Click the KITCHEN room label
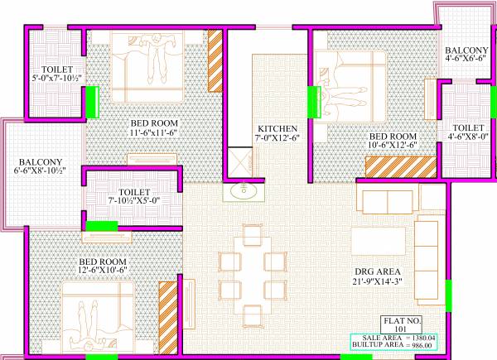[x=277, y=129]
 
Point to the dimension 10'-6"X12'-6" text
[x=391, y=146]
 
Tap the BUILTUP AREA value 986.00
[x=469, y=347]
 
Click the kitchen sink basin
[x=244, y=191]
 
